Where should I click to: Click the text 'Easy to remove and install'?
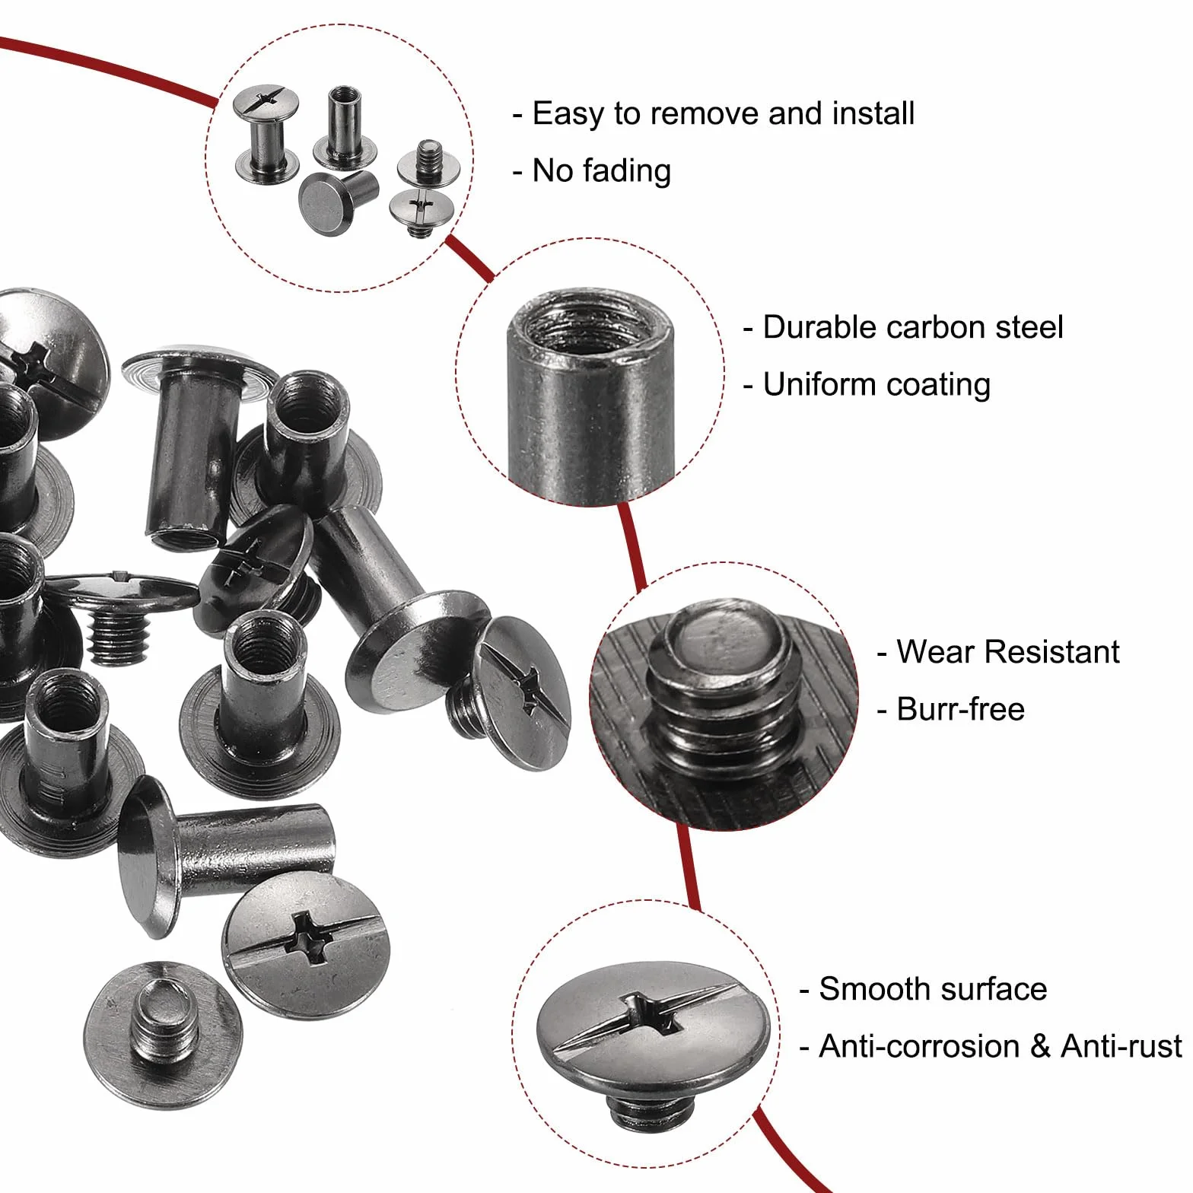723,114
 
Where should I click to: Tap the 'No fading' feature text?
601,171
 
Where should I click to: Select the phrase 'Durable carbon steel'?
912,328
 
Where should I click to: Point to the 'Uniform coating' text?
876,385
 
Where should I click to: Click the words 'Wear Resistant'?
1007,652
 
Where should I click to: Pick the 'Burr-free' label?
960,709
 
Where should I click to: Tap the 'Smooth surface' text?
933,989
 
